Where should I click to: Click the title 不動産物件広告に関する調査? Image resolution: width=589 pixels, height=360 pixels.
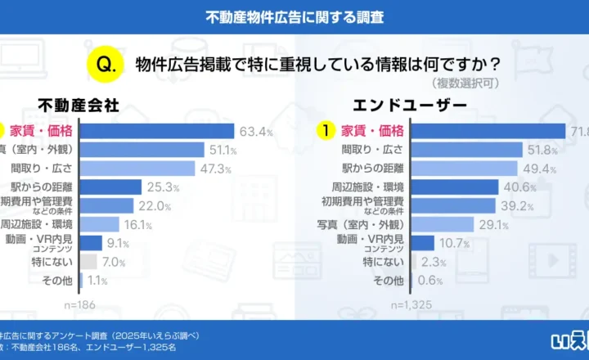(294, 16)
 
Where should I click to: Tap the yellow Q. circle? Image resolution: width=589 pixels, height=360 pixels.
(105, 63)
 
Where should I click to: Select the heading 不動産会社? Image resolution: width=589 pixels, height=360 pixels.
(79, 106)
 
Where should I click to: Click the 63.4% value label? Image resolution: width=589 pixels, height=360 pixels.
(255, 131)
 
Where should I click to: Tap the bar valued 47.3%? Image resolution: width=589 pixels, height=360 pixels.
(137, 169)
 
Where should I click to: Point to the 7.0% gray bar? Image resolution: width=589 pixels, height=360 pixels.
(89, 261)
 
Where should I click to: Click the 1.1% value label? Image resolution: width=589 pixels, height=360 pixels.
(97, 280)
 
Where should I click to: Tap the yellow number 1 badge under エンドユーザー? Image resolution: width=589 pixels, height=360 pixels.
(326, 131)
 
